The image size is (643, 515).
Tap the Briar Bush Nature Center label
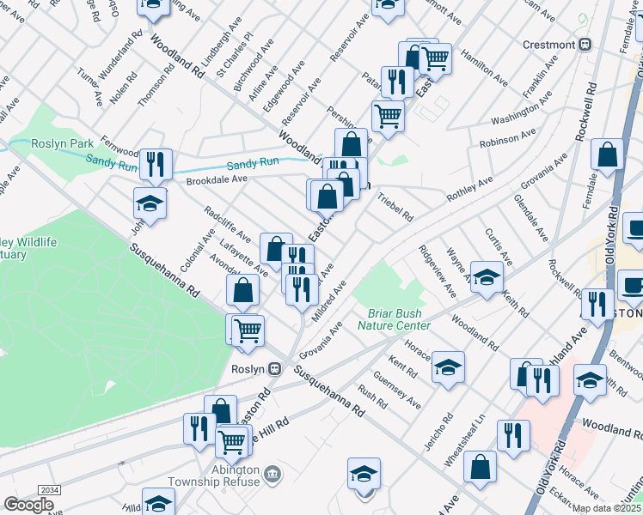pos(399,318)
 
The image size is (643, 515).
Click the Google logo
pos(28,504)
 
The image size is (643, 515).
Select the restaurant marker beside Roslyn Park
pos(156,163)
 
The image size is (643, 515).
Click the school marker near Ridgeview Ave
pos(487,278)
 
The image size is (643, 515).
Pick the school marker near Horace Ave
pos(448,367)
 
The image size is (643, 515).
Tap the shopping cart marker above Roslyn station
pos(247,329)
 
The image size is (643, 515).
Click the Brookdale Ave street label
pos(217,179)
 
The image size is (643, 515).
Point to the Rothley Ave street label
pos(468,190)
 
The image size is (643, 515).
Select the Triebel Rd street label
pos(395,207)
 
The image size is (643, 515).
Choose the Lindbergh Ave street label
pos(213,52)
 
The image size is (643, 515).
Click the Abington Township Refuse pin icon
pos(272,473)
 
